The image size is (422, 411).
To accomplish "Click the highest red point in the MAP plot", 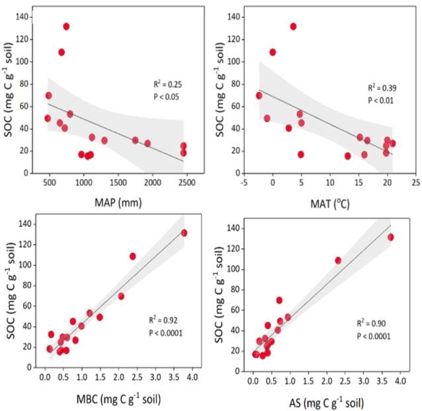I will point(66,26).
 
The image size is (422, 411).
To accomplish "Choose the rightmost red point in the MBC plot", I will point(184,233).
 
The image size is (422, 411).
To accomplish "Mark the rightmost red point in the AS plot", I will point(391,237).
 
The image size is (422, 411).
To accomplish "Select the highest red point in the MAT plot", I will point(293,26).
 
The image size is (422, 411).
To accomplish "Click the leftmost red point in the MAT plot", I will point(259,95).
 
